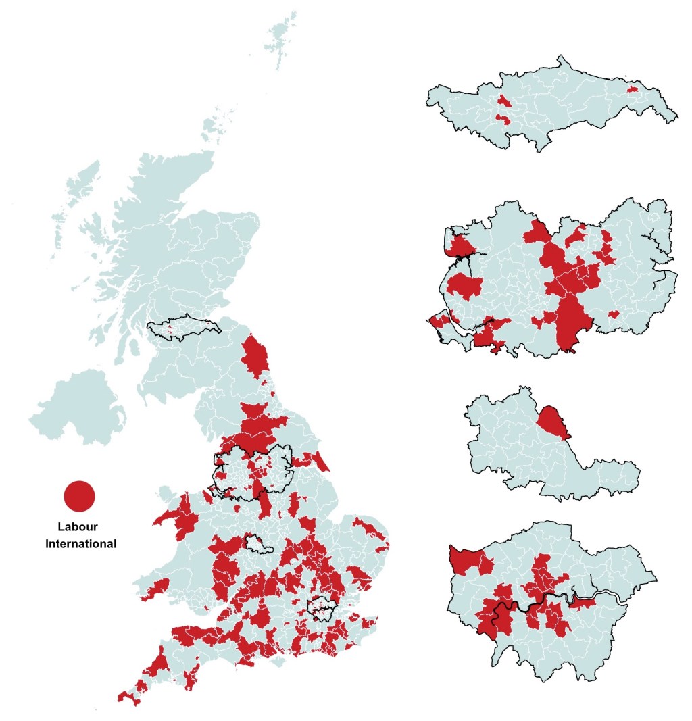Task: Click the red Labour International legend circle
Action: pos(80,496)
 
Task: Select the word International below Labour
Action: pos(80,543)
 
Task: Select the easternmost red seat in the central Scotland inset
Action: pos(633,89)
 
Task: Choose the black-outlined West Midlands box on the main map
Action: pos(259,544)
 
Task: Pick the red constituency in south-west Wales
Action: pos(155,588)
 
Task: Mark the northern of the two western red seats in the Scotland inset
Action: pos(504,102)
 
